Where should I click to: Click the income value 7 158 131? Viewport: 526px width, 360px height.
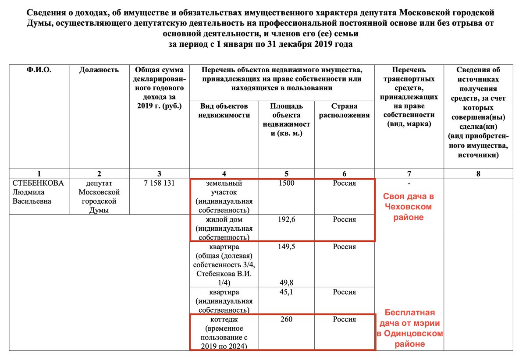(x=159, y=183)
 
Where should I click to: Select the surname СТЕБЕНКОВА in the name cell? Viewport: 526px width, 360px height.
(x=38, y=183)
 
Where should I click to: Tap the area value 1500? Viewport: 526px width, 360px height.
(x=286, y=183)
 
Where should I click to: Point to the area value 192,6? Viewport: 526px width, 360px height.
(x=286, y=219)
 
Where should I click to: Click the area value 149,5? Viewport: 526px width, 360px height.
(x=286, y=247)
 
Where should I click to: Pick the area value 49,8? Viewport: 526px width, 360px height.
(x=286, y=282)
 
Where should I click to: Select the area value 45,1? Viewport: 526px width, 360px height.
(x=286, y=292)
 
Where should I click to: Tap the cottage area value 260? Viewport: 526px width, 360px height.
(x=286, y=319)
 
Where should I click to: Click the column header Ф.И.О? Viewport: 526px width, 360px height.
(x=39, y=70)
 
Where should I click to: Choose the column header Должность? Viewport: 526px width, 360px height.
(x=99, y=70)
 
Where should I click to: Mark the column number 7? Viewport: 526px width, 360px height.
(x=409, y=174)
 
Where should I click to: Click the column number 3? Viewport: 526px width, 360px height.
(x=159, y=174)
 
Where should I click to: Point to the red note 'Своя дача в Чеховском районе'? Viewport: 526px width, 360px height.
(x=409, y=207)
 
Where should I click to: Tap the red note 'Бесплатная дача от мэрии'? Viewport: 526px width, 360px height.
(x=410, y=318)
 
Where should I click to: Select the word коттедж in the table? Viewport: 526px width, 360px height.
(x=224, y=319)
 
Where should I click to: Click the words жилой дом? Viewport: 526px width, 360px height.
(x=224, y=220)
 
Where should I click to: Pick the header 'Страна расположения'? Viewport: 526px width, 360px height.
(x=344, y=110)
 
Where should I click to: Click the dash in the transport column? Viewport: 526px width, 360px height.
(x=409, y=184)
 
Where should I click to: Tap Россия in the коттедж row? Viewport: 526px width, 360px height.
(x=344, y=319)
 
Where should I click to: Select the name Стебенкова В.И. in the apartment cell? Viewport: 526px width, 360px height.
(x=224, y=274)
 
